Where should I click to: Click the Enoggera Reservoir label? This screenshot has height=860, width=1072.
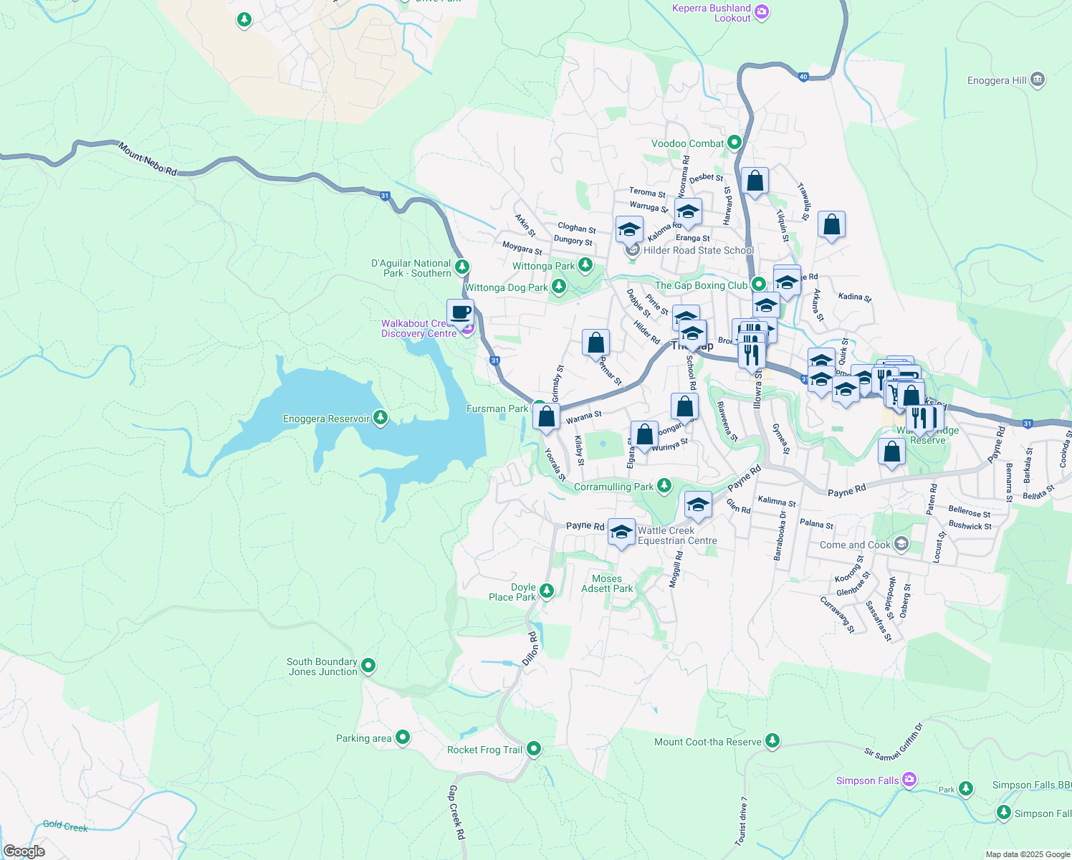coord(326,419)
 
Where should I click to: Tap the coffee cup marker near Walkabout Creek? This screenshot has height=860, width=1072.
coord(460,313)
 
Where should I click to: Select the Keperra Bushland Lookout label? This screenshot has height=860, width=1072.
coord(711,13)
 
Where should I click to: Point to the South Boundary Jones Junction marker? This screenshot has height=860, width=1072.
coord(368,666)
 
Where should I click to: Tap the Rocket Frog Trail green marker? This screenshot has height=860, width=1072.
coord(533,749)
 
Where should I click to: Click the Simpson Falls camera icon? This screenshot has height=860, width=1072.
coord(909,780)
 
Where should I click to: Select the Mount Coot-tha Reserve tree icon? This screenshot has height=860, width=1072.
coord(772,740)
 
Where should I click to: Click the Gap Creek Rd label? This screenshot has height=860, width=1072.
coord(456,813)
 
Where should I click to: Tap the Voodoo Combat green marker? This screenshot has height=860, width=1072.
coord(734,143)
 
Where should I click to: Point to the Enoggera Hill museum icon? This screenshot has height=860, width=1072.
coord(1038,80)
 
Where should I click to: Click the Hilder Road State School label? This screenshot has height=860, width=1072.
coord(698,250)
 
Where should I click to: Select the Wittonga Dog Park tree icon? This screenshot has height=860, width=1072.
coord(558,287)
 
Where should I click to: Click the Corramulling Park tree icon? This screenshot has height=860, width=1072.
coord(664,486)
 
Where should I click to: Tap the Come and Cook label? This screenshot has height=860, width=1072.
coord(855,545)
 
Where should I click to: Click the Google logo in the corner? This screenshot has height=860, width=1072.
coord(24,851)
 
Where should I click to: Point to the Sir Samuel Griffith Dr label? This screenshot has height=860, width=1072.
coord(894,742)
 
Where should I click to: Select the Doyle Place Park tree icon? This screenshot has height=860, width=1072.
coord(546,591)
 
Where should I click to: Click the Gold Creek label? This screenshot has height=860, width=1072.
coord(65,826)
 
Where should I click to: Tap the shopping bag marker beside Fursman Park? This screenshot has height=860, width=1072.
coord(546,416)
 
